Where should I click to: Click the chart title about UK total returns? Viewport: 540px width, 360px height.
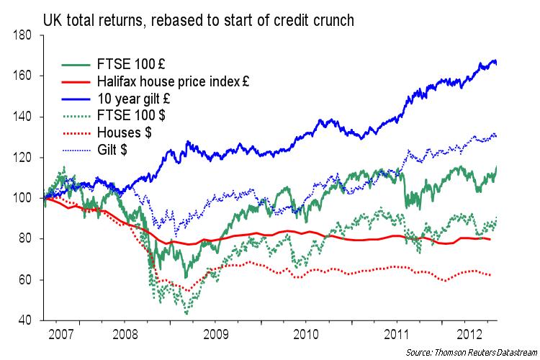[198, 19]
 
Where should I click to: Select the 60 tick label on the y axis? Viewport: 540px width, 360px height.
[27, 279]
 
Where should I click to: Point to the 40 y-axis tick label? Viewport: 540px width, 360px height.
[27, 320]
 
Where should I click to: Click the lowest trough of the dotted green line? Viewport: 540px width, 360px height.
[186, 314]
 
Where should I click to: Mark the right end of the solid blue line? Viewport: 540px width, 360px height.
[496, 63]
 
